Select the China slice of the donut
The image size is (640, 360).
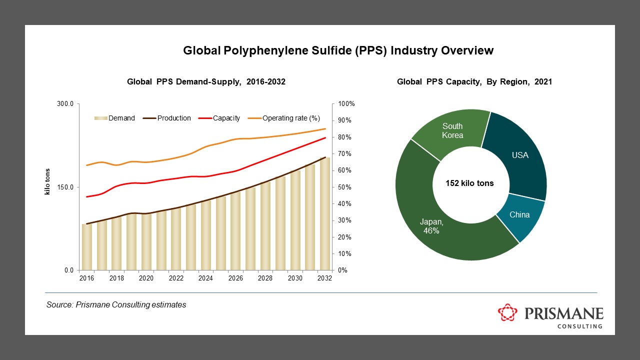519,215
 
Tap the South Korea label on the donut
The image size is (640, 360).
452,130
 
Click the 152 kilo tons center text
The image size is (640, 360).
469,183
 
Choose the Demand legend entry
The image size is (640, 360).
114,118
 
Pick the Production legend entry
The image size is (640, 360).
167,118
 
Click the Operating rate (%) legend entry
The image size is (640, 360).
285,118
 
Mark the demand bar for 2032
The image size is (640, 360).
325,214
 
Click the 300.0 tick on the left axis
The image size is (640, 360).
66,104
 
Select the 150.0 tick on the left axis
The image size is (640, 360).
66,187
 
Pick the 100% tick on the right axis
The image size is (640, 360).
346,104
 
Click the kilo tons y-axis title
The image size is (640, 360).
48,187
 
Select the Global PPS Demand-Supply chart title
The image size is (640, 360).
206,82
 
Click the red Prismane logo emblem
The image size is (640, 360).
508,313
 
